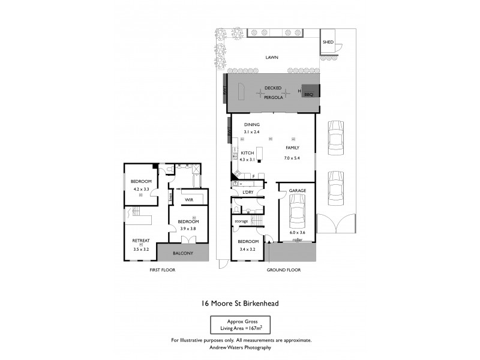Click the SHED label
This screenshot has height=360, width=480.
tap(328, 43)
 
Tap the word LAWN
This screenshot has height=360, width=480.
tap(274, 58)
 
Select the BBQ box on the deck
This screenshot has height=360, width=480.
tap(309, 94)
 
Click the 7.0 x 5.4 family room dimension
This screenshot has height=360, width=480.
tap(292, 158)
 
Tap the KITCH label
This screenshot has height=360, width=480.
tap(247, 153)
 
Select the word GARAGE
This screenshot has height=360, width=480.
tap(298, 190)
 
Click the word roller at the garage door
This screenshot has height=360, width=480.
tap(297, 239)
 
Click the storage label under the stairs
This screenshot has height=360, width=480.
tap(241, 221)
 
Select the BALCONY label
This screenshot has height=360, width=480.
tap(182, 253)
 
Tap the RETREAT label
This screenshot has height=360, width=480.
tap(140, 241)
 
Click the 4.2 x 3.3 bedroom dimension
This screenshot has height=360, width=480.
tap(141, 189)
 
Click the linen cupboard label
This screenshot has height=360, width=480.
tap(171, 195)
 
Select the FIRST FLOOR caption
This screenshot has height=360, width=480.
tap(163, 270)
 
